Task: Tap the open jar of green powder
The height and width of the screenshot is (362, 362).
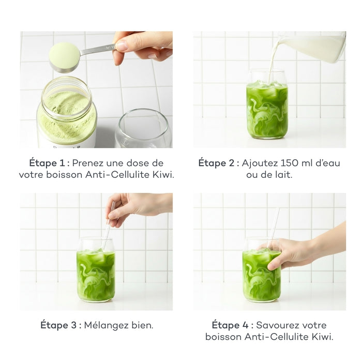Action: point(67,114)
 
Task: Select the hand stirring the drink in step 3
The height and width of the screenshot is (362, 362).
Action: point(132,207)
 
